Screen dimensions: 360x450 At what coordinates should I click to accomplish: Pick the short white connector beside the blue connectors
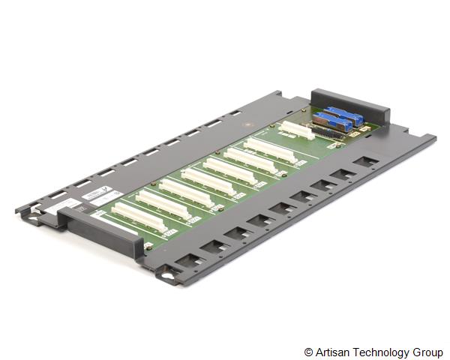[x=297, y=130]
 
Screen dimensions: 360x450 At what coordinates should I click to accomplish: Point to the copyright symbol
[x=309, y=351]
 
